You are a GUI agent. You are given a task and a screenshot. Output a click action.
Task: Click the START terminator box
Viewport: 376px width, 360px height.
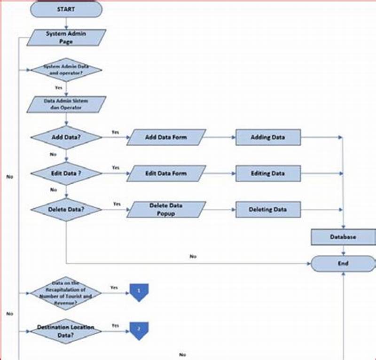[x=66, y=9]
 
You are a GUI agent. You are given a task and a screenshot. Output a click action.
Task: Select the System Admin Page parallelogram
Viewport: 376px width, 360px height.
[x=66, y=38]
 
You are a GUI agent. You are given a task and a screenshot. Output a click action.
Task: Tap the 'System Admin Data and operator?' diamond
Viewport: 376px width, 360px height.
[x=66, y=70]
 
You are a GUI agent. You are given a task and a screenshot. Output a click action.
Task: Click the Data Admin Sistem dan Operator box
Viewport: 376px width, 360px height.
[x=66, y=104]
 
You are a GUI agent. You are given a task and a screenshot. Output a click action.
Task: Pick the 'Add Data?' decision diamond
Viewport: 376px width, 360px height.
[x=66, y=138]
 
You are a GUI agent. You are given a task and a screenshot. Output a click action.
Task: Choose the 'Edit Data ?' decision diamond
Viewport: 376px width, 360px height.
[x=66, y=173]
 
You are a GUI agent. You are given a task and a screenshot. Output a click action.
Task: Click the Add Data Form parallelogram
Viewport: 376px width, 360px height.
[x=166, y=138]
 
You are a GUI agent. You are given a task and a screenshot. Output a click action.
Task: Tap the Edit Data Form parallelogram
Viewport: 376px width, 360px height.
[x=166, y=173]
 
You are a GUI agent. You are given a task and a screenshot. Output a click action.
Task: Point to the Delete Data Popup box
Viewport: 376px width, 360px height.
[x=166, y=210]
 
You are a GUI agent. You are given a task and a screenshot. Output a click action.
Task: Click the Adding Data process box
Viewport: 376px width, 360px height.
[x=267, y=138]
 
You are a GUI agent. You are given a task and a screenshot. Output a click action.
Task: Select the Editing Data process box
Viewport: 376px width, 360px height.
[x=267, y=173]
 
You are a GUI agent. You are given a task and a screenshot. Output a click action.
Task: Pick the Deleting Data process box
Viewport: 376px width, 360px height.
[x=267, y=210]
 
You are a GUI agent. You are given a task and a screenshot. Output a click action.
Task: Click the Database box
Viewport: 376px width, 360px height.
[x=343, y=237]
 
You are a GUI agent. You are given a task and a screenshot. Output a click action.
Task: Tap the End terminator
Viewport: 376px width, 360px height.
[x=343, y=264]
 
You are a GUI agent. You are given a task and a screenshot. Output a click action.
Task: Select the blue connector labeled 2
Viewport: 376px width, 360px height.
[x=139, y=330]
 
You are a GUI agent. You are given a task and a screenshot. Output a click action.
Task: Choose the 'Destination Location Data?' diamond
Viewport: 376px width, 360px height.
[x=66, y=331]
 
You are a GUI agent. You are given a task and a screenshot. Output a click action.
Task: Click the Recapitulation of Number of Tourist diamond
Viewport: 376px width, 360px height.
[x=66, y=293]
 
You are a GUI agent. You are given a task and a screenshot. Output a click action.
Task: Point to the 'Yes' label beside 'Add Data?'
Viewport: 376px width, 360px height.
[x=115, y=133]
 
